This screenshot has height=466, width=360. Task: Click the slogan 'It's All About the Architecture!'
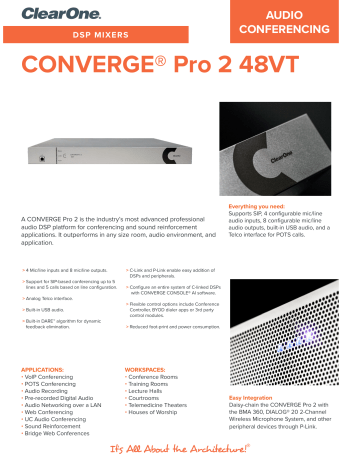(x=180, y=451)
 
